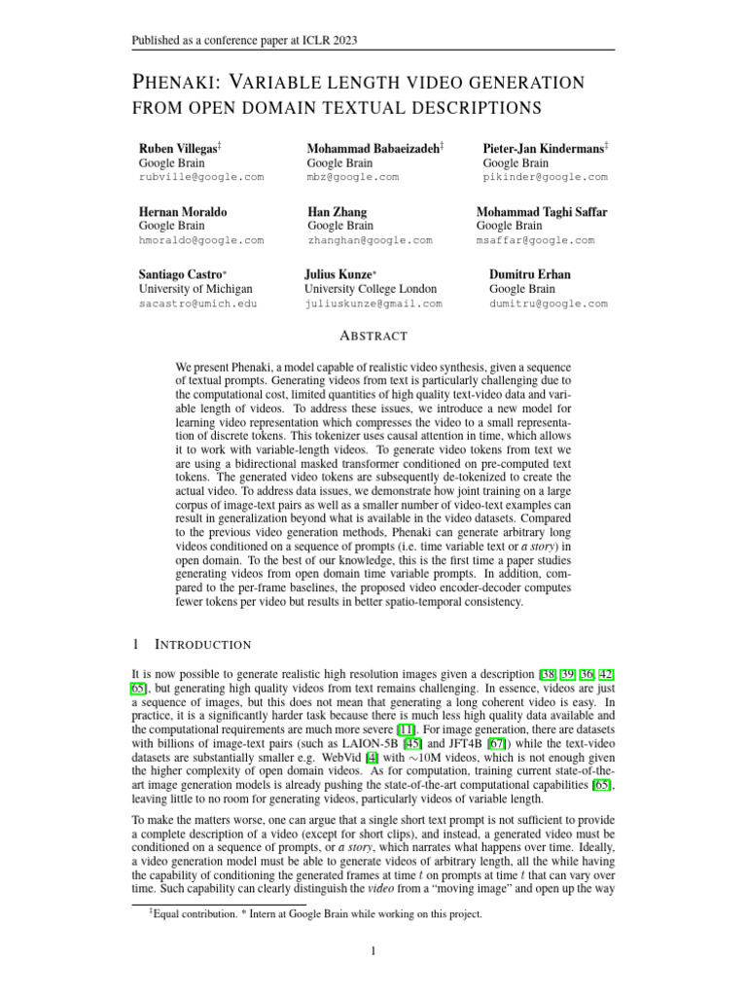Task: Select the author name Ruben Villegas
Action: pyautogui.click(x=178, y=147)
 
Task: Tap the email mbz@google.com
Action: pyautogui.click(x=352, y=177)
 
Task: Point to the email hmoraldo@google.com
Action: pyautogui.click(x=201, y=240)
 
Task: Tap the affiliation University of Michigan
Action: pyautogui.click(x=196, y=289)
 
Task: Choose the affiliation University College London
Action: pyautogui.click(x=371, y=289)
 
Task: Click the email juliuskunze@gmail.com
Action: pyautogui.click(x=373, y=303)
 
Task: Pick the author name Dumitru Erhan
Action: pyautogui.click(x=529, y=274)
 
